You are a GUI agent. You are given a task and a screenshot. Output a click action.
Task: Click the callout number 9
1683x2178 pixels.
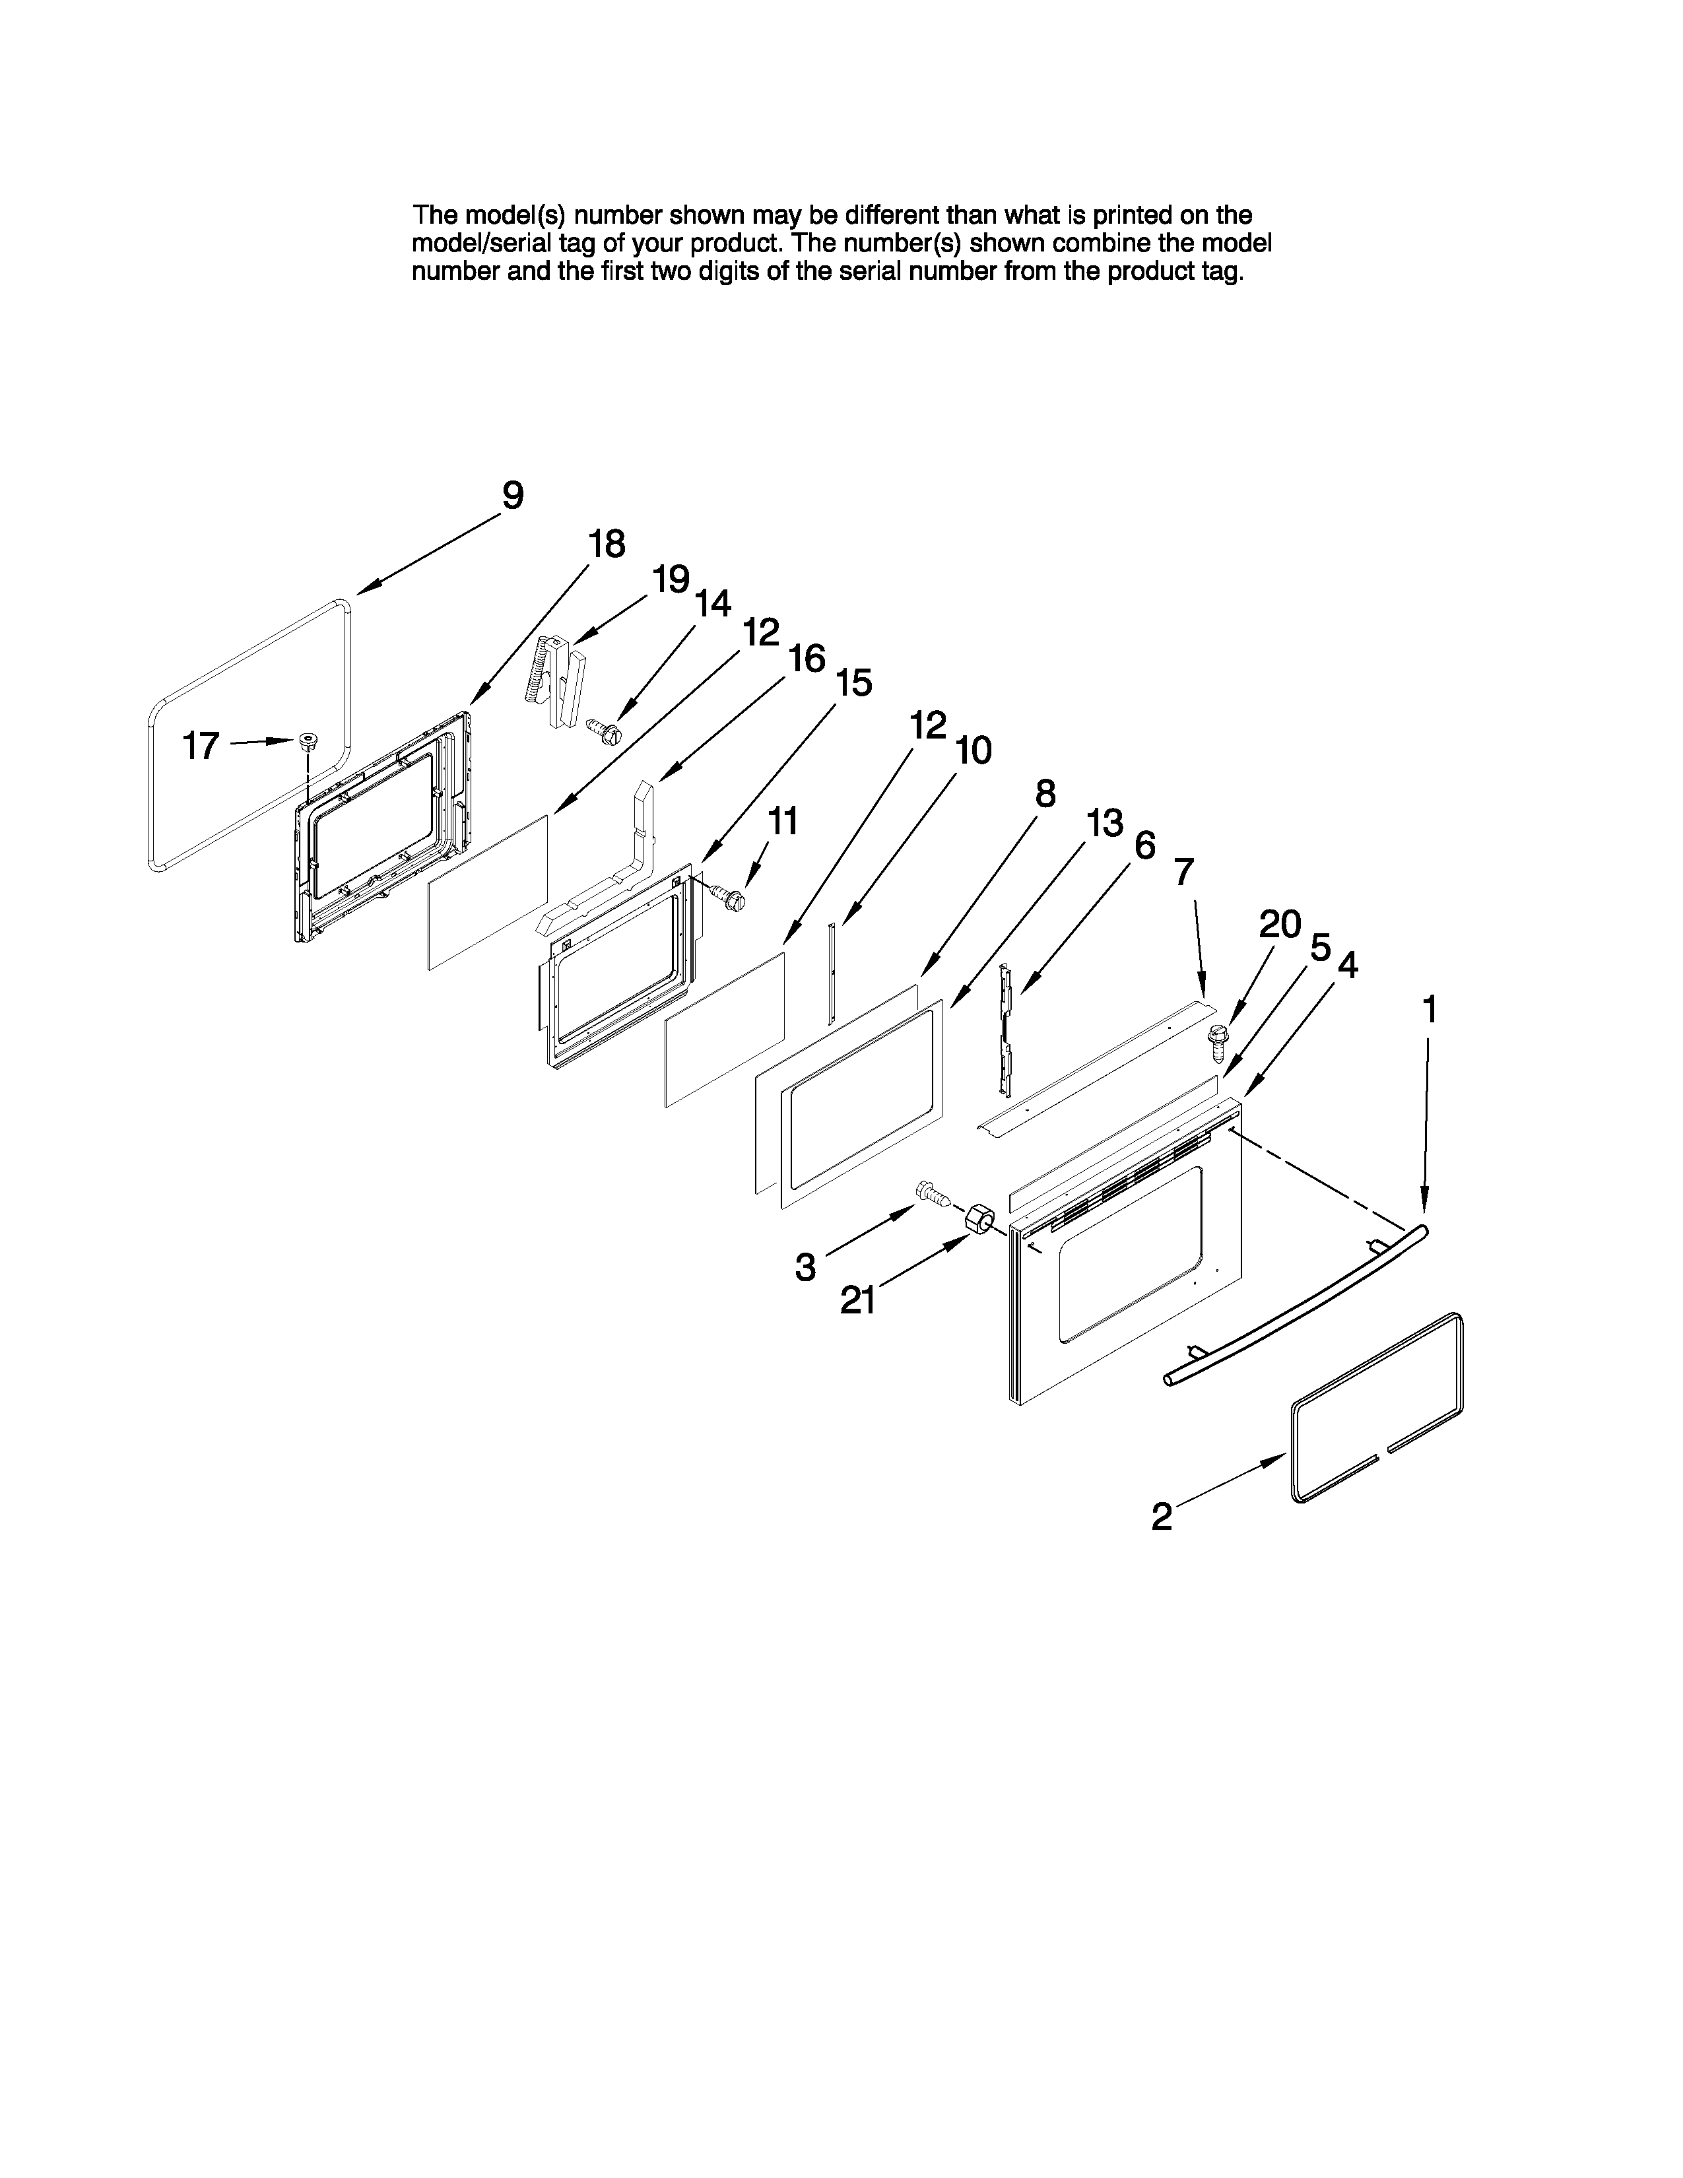click(512, 496)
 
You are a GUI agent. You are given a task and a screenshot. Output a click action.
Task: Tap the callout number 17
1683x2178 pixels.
click(201, 746)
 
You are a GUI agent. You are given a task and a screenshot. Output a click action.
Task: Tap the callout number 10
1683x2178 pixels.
click(973, 750)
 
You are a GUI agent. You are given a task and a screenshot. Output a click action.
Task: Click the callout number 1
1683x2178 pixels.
click(1430, 1010)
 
